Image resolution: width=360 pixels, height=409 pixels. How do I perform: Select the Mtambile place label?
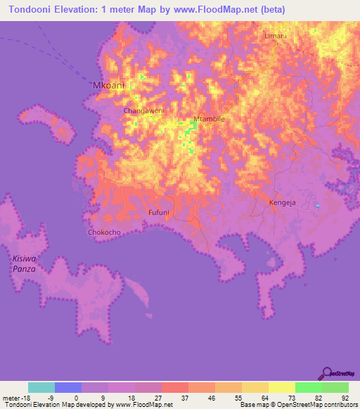click(209, 119)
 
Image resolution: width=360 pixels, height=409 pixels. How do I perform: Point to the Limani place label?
click(276, 35)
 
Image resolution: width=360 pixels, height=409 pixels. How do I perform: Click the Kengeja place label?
click(283, 203)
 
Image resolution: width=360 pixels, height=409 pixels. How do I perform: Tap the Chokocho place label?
click(104, 232)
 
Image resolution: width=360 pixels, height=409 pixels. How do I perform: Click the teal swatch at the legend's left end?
click(41, 387)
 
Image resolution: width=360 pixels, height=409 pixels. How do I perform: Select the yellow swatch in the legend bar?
click(281, 387)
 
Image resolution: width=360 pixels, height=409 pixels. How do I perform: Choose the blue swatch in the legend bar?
click(68, 387)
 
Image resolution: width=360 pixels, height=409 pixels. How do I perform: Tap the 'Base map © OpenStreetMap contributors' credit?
click(297, 405)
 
